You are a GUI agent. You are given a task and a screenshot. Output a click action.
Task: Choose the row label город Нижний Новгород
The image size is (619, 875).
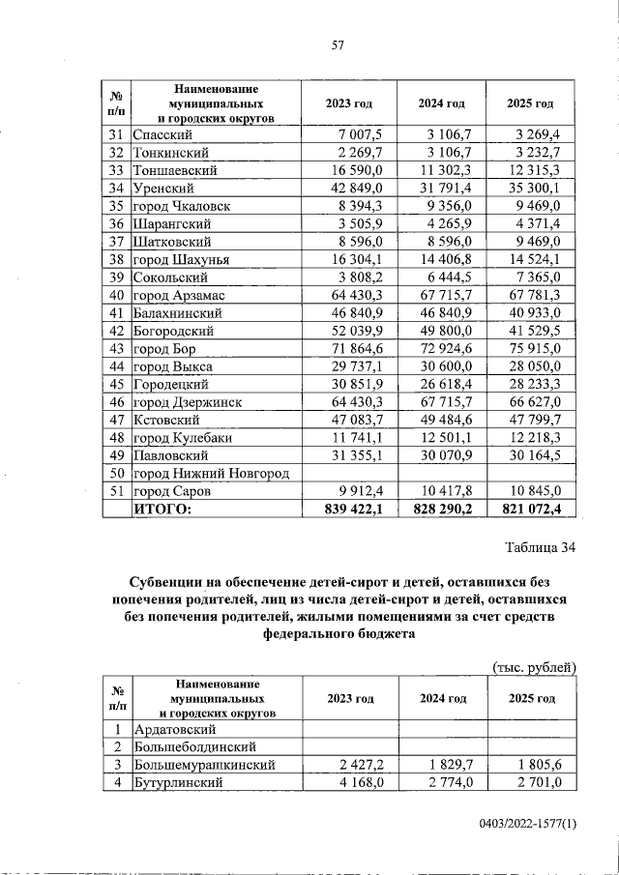(211, 473)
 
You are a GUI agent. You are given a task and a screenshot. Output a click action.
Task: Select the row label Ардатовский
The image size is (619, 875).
(174, 729)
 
